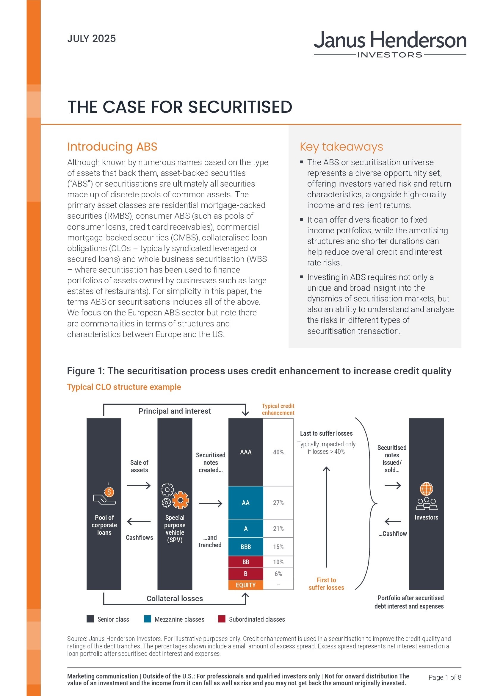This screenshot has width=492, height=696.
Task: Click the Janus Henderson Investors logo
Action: point(390,44)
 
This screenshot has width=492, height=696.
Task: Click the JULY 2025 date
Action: point(92,39)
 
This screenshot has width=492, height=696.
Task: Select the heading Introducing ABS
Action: point(112,147)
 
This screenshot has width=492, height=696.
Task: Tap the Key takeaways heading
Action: point(341,147)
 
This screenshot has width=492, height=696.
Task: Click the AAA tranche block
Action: point(245,452)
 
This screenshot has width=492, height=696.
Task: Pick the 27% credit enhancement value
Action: point(278,503)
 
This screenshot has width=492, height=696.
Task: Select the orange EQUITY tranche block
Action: point(245,585)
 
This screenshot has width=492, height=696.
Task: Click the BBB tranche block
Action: point(245,547)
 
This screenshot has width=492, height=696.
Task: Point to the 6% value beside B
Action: point(278,574)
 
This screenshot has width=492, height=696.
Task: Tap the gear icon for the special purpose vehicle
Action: point(175,496)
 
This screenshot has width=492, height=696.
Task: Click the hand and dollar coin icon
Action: point(104,494)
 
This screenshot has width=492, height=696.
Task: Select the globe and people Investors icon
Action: point(426,496)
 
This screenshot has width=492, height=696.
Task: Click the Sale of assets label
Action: point(139,466)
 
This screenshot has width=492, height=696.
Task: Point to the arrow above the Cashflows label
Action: point(139,522)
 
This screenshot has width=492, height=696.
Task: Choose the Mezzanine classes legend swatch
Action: point(148,619)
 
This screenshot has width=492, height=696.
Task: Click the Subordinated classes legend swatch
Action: point(222,619)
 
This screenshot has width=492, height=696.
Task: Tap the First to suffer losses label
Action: point(326,584)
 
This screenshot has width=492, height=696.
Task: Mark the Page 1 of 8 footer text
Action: point(445,677)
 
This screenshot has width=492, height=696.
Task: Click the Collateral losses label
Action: point(175,599)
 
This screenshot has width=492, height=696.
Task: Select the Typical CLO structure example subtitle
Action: point(124,387)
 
